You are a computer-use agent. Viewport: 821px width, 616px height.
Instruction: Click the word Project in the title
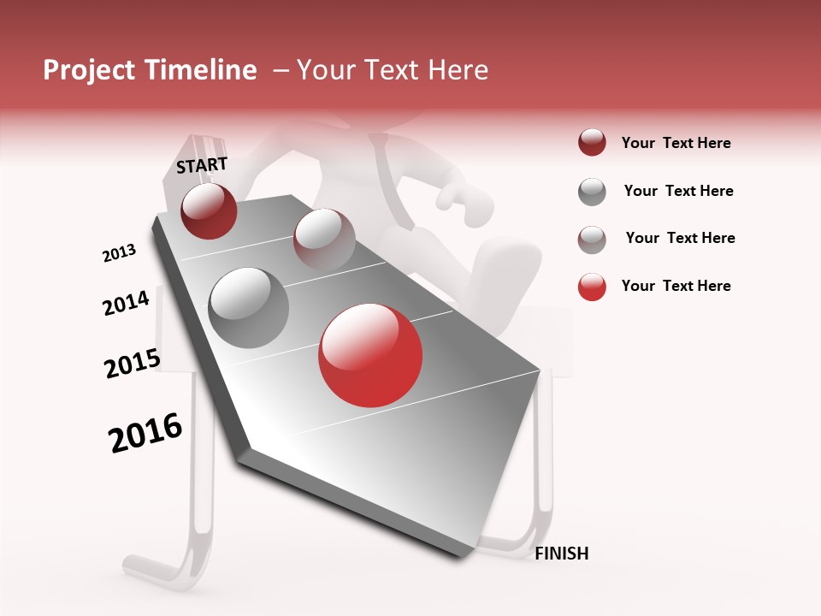(x=85, y=70)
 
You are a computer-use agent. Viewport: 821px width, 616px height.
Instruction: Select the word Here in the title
(x=458, y=70)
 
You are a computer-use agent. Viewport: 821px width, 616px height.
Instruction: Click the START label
(x=202, y=165)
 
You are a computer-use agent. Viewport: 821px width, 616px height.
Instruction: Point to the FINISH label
(x=562, y=554)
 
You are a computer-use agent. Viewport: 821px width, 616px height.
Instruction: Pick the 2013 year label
(x=119, y=253)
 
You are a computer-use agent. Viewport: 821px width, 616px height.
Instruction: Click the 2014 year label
(x=126, y=303)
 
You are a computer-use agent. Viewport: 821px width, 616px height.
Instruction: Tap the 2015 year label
(x=132, y=364)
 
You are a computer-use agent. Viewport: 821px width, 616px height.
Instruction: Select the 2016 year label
(x=145, y=433)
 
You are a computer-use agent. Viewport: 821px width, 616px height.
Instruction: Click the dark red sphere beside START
(x=209, y=210)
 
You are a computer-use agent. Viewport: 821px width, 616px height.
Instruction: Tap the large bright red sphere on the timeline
(x=370, y=355)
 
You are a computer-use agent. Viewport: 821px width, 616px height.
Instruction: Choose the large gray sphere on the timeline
(x=249, y=307)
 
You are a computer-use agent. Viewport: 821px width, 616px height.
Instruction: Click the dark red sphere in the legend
(x=592, y=143)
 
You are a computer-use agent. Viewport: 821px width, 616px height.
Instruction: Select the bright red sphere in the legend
(x=592, y=287)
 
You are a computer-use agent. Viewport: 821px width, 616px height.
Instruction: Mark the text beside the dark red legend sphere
(x=676, y=143)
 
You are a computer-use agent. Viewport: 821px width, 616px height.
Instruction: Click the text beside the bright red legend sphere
(x=676, y=286)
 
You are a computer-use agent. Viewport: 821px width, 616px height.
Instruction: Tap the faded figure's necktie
(x=385, y=171)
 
